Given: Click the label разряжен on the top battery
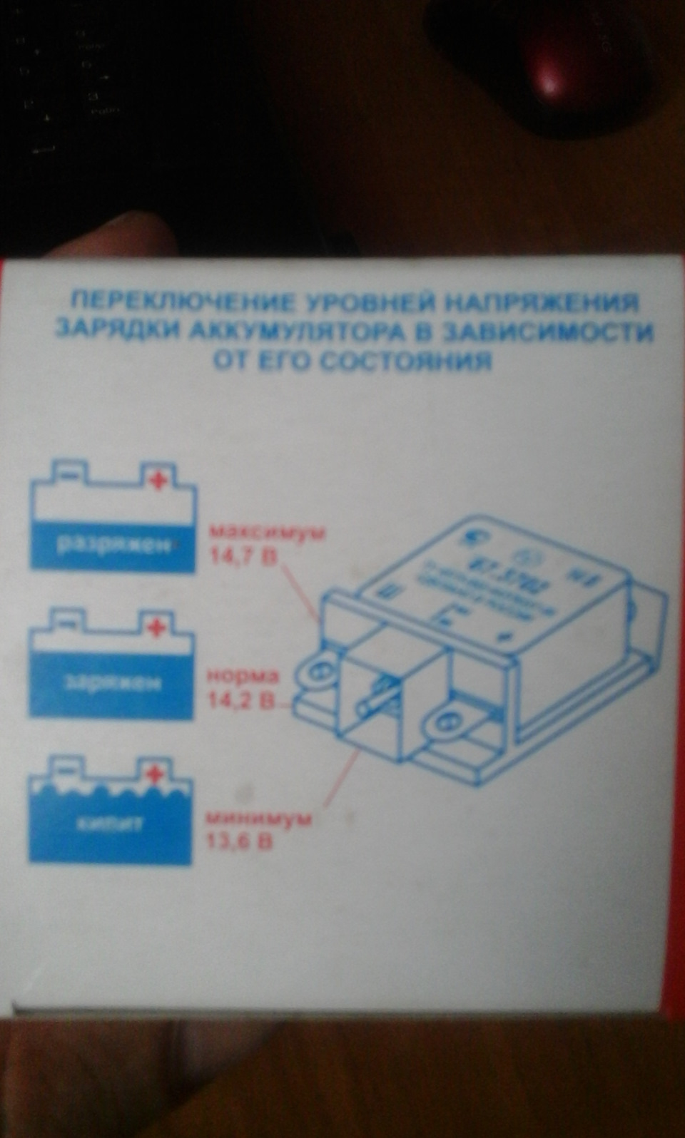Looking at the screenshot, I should point(113,545).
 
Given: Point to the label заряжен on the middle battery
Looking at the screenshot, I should point(113,682).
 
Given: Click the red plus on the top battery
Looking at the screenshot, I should point(158,479).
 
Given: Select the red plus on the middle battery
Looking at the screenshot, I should point(156,627).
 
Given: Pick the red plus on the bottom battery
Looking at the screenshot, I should point(154,774).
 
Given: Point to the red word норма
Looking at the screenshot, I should point(243,675).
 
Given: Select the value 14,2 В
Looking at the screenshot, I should point(241,702).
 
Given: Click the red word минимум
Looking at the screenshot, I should point(258,819).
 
